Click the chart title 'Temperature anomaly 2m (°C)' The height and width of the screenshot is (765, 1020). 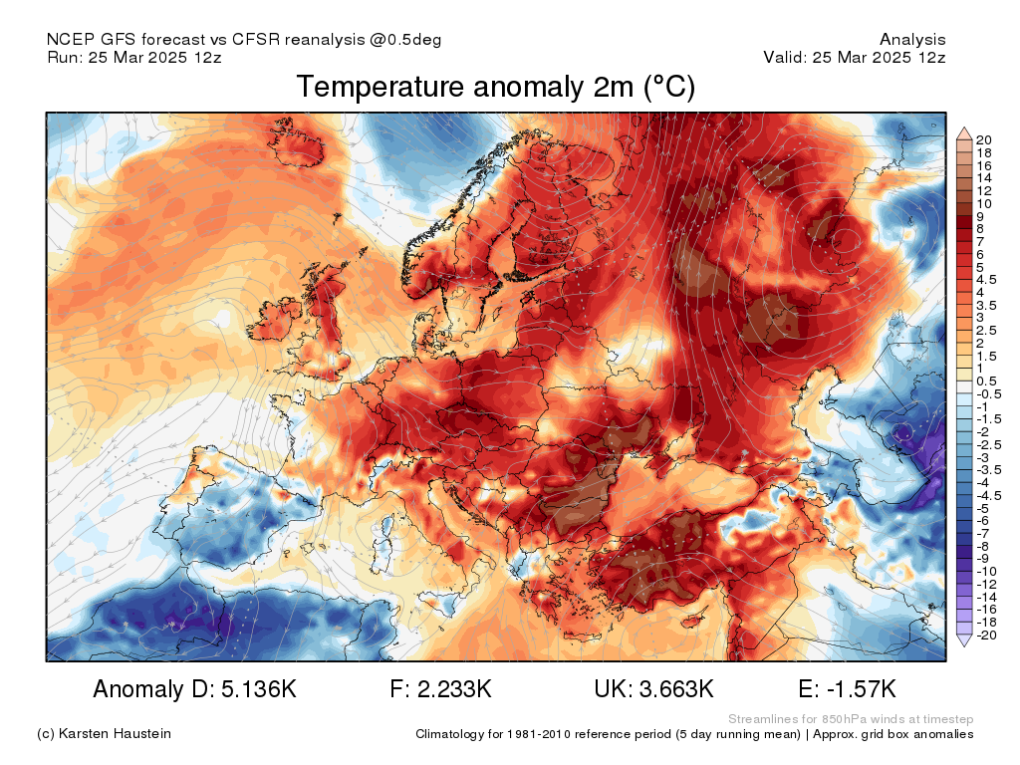(496, 88)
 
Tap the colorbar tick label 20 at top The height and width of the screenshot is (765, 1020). (983, 139)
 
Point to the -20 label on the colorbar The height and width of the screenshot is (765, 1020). (986, 636)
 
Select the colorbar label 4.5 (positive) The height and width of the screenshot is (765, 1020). (986, 280)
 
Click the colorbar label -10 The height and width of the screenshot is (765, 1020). (986, 572)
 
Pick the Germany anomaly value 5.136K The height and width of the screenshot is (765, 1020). (259, 689)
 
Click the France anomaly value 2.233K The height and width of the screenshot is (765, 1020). (454, 689)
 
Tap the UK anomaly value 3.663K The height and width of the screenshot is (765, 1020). (676, 689)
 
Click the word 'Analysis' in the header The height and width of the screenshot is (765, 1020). (912, 40)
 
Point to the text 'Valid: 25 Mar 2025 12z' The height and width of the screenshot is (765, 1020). (855, 57)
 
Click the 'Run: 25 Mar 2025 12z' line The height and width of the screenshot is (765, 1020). (134, 57)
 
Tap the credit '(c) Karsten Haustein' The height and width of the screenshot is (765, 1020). (104, 734)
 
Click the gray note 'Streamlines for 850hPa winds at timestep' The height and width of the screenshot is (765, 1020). (851, 719)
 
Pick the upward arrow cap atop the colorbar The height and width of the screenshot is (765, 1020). (964, 134)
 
